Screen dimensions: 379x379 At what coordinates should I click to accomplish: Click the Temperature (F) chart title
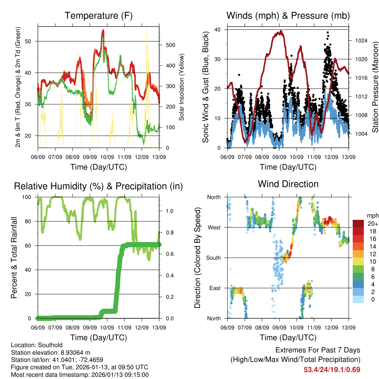(98, 16)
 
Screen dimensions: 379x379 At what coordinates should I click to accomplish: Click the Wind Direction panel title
(288, 184)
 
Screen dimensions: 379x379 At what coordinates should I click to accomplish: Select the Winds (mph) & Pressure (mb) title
(288, 16)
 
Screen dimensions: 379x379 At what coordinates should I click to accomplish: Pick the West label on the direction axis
(214, 227)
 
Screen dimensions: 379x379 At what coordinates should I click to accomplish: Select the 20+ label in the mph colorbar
(372, 224)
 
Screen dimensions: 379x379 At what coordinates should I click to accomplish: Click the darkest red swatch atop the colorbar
(358, 223)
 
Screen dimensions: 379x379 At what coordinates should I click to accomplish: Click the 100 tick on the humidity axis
(29, 197)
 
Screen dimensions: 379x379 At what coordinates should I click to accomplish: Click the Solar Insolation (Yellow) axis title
(181, 87)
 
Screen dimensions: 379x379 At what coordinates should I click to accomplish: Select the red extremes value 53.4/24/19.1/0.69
(332, 369)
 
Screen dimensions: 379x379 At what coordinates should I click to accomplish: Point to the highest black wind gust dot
(327, 33)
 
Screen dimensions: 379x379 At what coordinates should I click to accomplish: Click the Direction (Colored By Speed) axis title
(197, 258)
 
